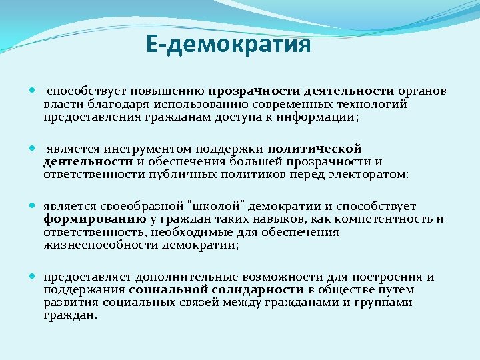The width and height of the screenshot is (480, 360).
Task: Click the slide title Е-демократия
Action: click(229, 45)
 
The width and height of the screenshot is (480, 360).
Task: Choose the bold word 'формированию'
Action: click(95, 219)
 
